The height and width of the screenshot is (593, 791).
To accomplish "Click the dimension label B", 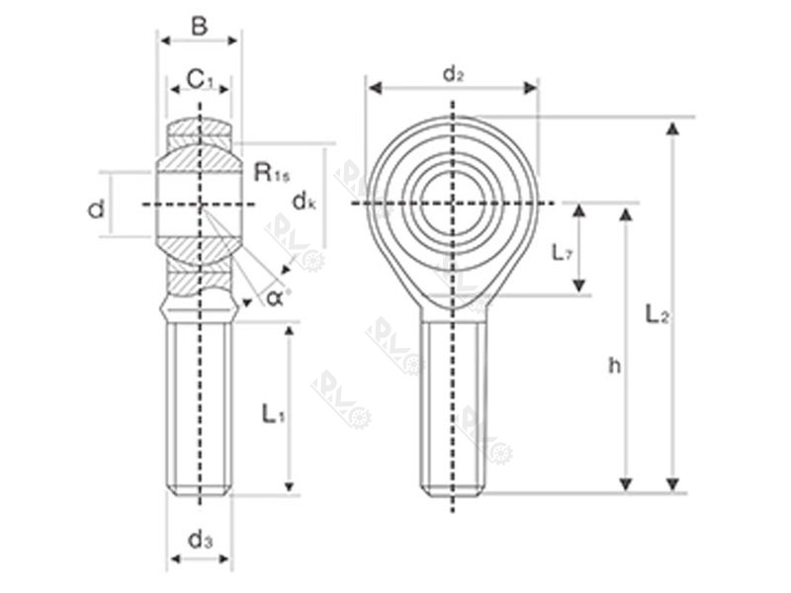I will coord(199,26).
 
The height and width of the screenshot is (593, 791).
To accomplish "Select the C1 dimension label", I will coord(200,78).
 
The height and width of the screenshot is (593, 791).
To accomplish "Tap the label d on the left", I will coord(96,210).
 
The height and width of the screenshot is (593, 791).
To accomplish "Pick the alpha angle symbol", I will coord(278,296).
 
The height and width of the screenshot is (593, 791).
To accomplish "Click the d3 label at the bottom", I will coord(200,540).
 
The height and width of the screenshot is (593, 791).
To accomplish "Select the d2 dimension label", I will coord(453,73).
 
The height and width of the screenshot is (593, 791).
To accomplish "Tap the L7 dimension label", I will coord(561,253).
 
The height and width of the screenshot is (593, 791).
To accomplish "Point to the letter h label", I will coord(614,366).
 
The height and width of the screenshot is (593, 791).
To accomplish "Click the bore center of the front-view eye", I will coord(453,203).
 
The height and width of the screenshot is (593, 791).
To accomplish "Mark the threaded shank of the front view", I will coord(453,405).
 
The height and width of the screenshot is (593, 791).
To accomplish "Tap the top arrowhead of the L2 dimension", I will coord(673,127).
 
